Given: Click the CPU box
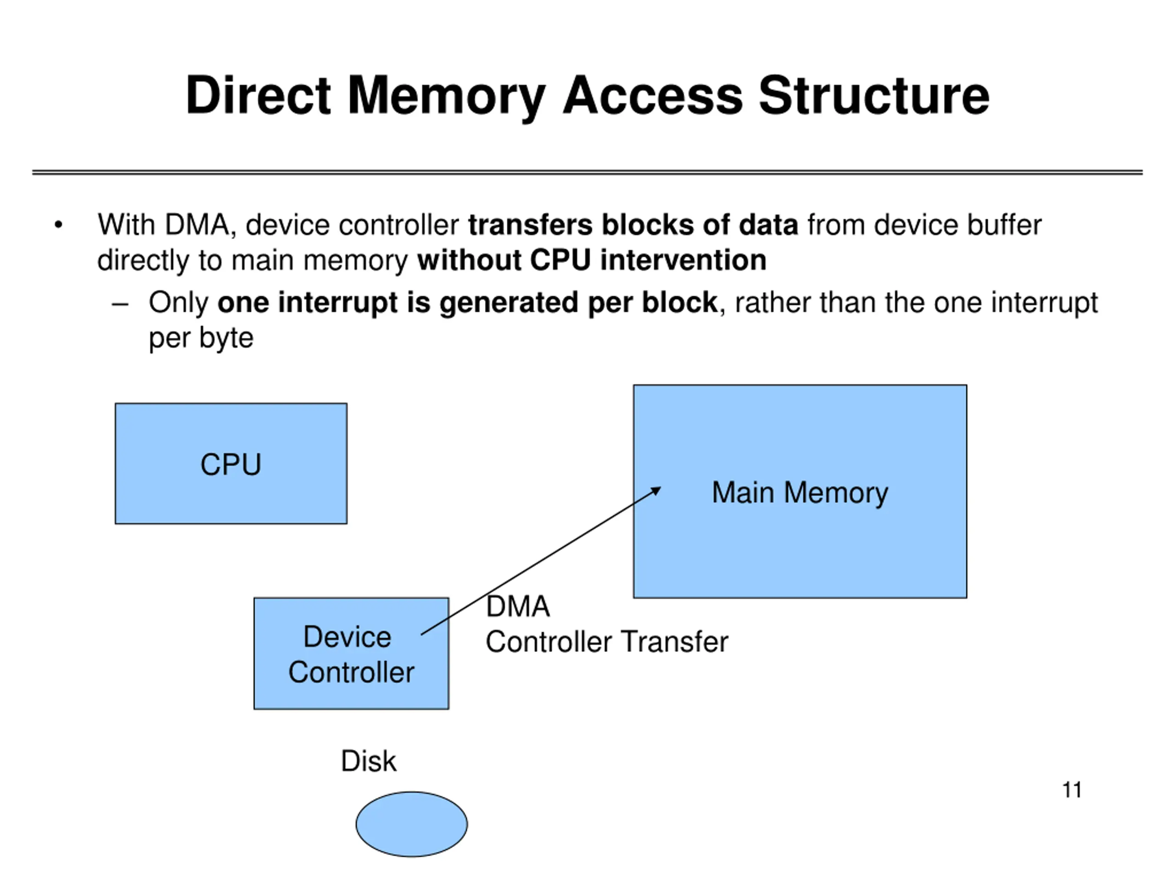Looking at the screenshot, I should (231, 463).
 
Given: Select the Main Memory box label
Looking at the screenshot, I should (800, 492).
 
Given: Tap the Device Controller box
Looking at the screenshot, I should (351, 654).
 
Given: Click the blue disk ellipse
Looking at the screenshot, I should (412, 824).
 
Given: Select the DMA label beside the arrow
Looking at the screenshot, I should (518, 607).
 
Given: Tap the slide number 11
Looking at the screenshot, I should (1071, 790).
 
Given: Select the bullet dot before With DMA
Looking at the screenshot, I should (58, 225).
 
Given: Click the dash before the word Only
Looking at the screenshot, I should (120, 304).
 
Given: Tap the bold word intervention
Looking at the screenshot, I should (683, 260).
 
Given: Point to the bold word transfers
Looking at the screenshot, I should (530, 225).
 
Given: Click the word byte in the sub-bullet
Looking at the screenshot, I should (226, 338).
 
